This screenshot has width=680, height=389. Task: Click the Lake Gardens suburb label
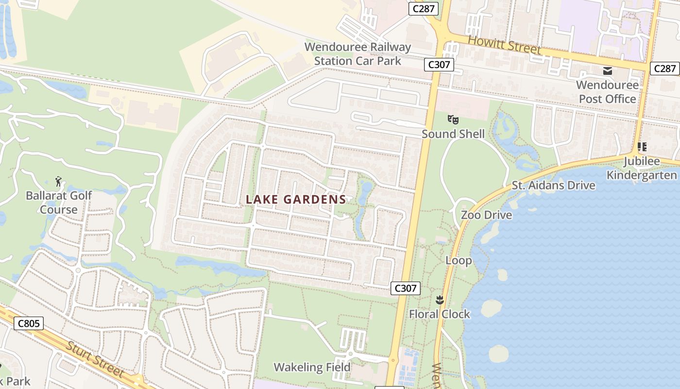pyautogui.click(x=296, y=199)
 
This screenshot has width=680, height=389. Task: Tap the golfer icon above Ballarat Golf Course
pyautogui.click(x=59, y=182)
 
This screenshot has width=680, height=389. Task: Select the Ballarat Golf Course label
pyautogui.click(x=58, y=203)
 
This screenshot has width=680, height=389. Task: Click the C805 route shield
pyautogui.click(x=29, y=323)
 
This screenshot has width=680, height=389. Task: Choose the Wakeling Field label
pyautogui.click(x=312, y=367)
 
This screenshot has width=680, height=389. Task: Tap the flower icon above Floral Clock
pyautogui.click(x=440, y=300)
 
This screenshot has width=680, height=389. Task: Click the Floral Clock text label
pyautogui.click(x=440, y=314)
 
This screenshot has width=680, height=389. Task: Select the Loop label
pyautogui.click(x=459, y=261)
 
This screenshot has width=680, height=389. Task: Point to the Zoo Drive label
pyautogui.click(x=486, y=215)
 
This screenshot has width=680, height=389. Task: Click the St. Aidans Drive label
pyautogui.click(x=553, y=185)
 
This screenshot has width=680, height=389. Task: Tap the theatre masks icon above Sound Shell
pyautogui.click(x=453, y=119)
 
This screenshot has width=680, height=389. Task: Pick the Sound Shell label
pyautogui.click(x=453, y=134)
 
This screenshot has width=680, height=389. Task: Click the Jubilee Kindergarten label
pyautogui.click(x=642, y=168)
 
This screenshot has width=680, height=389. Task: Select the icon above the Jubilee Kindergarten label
pyautogui.click(x=642, y=146)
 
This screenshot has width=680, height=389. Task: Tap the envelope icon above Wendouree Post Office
pyautogui.click(x=607, y=71)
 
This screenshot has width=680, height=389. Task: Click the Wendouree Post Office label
pyautogui.click(x=607, y=92)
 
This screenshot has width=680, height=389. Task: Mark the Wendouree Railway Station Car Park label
pyautogui.click(x=357, y=54)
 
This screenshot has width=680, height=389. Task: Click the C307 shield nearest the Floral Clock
pyautogui.click(x=405, y=288)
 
